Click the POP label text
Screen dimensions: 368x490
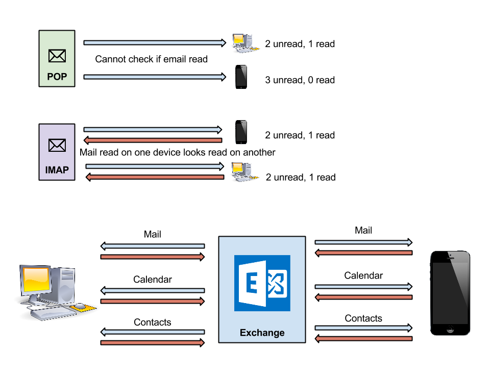(x=57, y=77)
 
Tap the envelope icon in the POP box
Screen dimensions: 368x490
(x=57, y=55)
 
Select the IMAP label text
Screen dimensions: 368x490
(x=57, y=170)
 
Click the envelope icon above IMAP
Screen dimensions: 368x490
(x=57, y=146)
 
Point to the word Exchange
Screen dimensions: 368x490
(x=262, y=333)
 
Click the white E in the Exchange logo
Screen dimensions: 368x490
(x=251, y=283)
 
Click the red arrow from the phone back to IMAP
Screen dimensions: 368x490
(x=153, y=141)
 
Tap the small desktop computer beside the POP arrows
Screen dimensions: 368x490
(x=244, y=43)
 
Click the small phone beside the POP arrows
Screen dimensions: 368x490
(x=241, y=77)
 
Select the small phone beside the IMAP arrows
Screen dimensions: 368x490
(x=241, y=132)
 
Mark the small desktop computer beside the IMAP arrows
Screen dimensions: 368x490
(x=243, y=171)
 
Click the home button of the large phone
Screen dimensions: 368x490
(x=450, y=329)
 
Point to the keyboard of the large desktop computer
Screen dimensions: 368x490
(x=53, y=313)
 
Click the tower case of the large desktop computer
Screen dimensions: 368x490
(x=65, y=286)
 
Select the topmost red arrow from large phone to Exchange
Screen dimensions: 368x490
(x=363, y=252)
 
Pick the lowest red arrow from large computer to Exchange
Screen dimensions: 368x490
(x=152, y=342)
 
